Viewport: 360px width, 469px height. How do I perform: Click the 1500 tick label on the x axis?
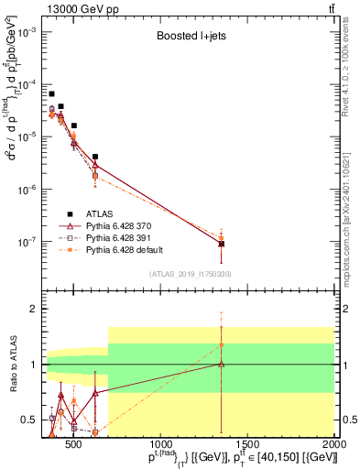(x=247, y=446)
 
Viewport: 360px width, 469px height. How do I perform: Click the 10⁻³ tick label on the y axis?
(x=27, y=31)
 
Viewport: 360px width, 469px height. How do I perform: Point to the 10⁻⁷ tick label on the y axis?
(x=27, y=242)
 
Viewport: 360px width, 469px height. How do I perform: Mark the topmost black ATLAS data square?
(x=52, y=93)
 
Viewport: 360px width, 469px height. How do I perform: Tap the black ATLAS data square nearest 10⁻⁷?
(x=247, y=244)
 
